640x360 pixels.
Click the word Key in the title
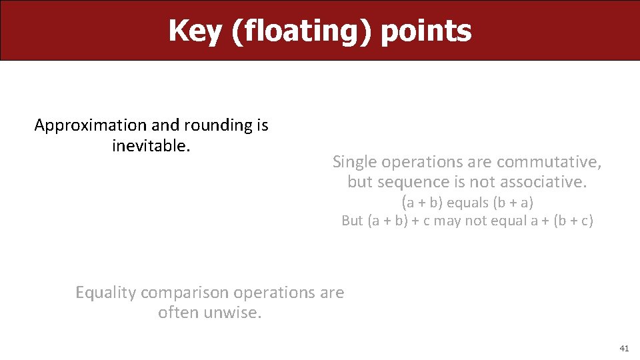point(195,31)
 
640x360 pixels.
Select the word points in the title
point(426,31)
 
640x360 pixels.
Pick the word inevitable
point(151,145)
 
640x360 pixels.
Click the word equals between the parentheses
point(467,202)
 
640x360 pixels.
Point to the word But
point(352,221)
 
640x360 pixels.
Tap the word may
point(447,221)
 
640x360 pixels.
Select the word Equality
point(106,293)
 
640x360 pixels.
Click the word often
point(177,312)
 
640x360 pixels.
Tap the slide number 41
point(624,348)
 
